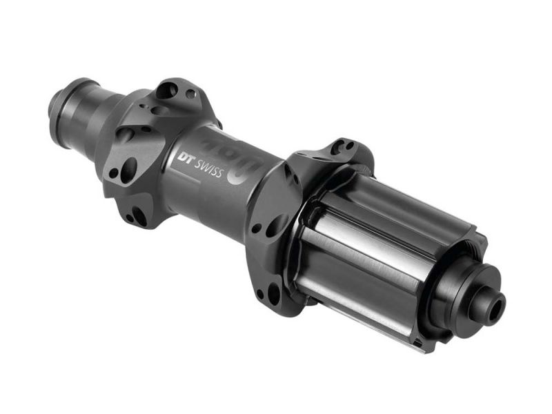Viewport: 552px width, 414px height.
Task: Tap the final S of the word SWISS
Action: pyautogui.click(x=219, y=172)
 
